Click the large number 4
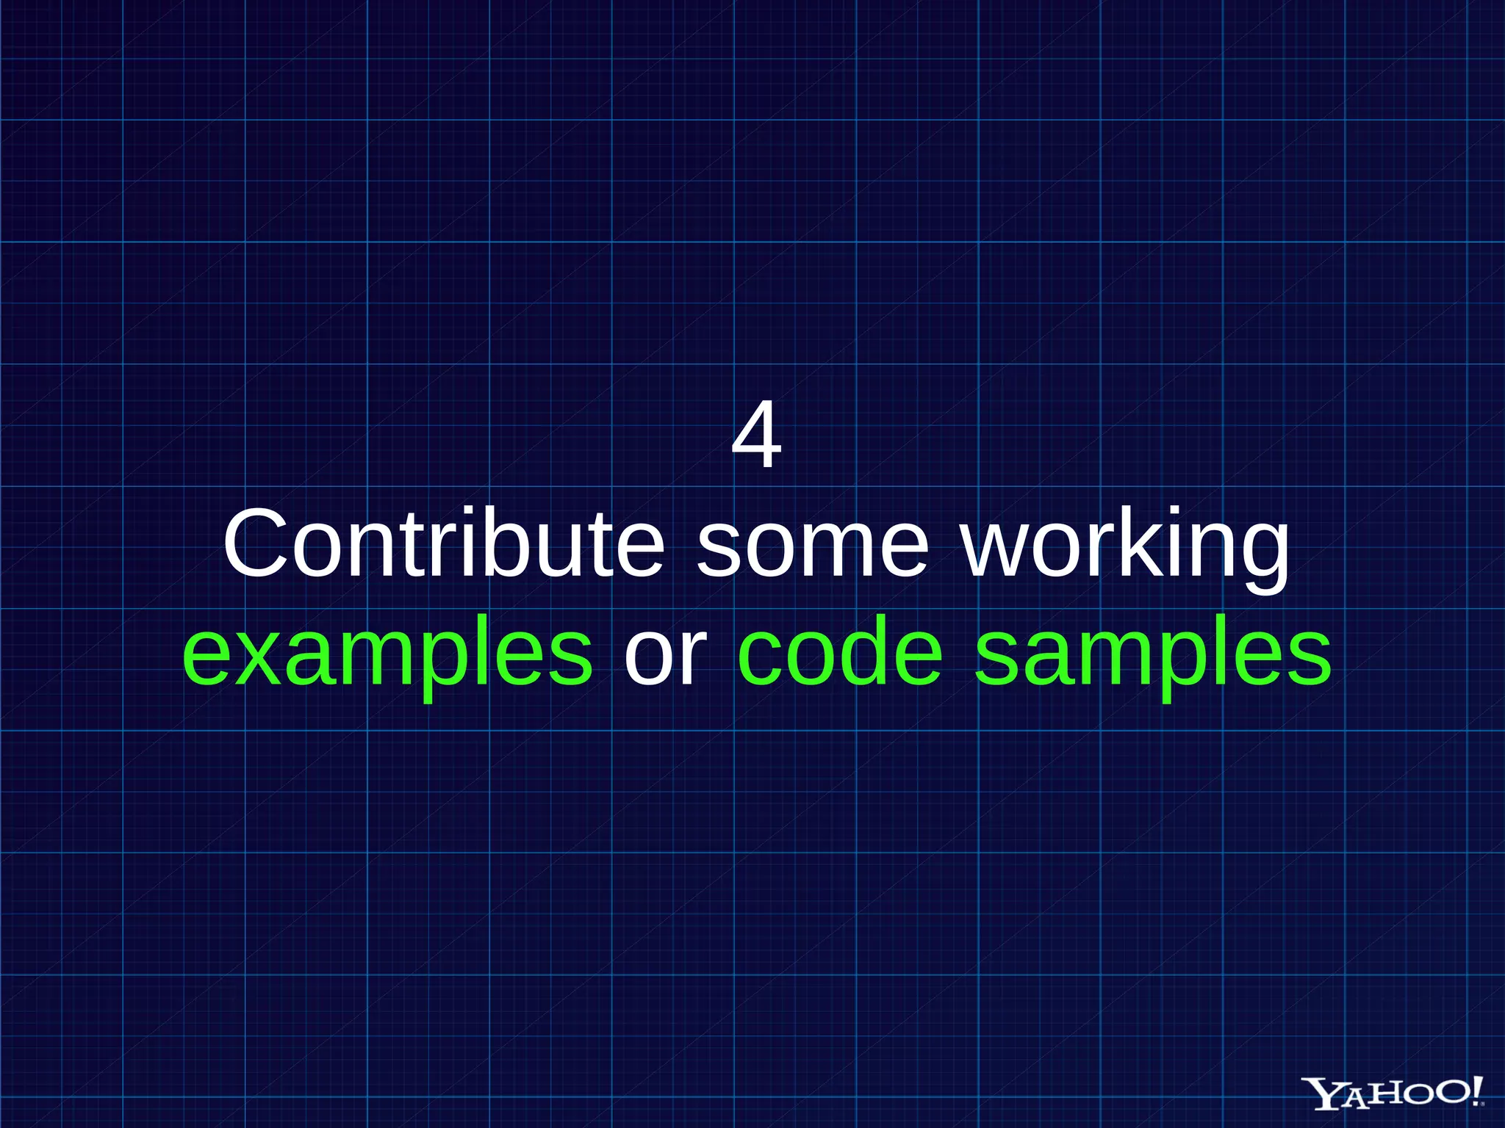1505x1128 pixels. tap(756, 436)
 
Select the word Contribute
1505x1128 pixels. tap(443, 543)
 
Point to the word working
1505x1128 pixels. tap(1125, 547)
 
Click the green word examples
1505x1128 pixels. tap(387, 654)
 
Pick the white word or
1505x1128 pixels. tap(665, 654)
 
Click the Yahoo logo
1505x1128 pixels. tap(1393, 1094)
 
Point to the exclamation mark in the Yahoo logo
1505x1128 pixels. tap(1476, 1091)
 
